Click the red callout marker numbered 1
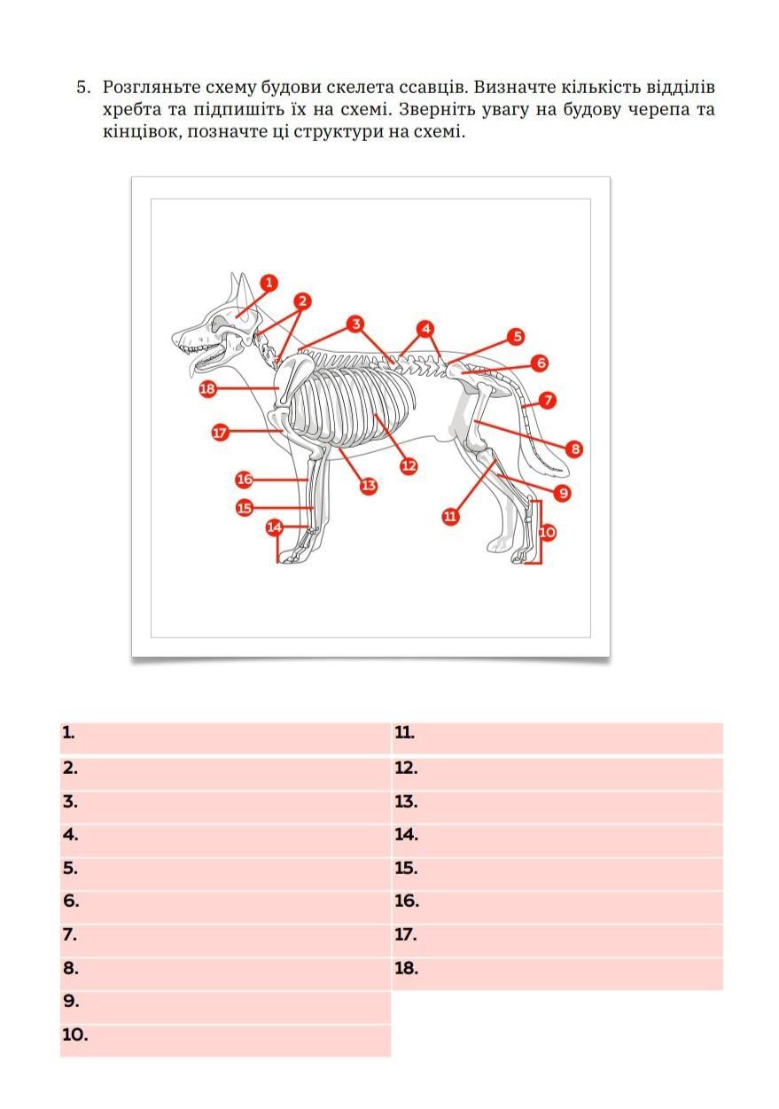click(269, 283)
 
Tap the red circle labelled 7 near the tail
click(548, 400)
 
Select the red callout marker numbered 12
click(409, 466)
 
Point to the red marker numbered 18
click(207, 388)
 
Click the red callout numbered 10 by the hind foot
click(547, 533)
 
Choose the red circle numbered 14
click(275, 527)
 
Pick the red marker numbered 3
click(355, 324)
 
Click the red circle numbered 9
click(563, 493)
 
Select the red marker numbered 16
click(245, 480)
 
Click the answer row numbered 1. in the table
click(225, 738)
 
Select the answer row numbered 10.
click(225, 1040)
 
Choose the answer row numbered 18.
click(557, 973)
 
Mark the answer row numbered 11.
click(557, 738)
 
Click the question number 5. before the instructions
click(83, 88)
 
